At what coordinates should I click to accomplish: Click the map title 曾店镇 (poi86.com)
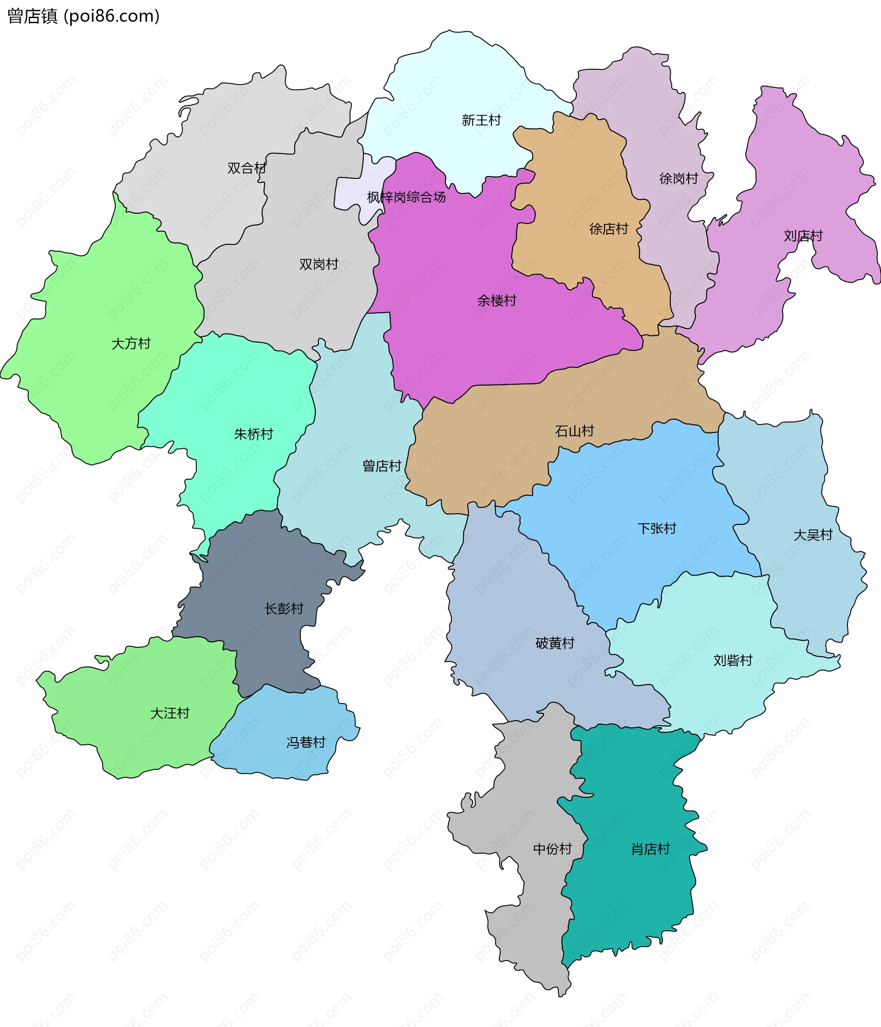point(84,17)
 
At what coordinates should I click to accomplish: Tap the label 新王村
point(481,121)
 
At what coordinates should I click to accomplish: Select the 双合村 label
point(246,168)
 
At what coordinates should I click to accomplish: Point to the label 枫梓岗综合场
point(406,197)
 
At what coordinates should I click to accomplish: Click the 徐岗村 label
point(678,178)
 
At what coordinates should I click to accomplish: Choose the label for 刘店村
point(803,236)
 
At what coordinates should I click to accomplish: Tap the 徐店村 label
point(608,229)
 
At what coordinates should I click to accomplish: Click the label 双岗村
point(318,265)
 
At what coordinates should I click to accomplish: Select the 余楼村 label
point(496,301)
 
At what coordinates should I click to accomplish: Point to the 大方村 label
point(131,344)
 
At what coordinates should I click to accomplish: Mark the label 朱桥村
point(253,435)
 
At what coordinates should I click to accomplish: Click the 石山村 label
point(574,431)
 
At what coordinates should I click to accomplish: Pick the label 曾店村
point(381,466)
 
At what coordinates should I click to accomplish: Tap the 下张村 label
point(657,529)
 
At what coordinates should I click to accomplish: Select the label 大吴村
point(813,535)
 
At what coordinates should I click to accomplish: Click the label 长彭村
point(284,609)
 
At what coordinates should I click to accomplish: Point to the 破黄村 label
point(554,644)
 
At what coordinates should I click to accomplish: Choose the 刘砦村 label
point(732,661)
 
